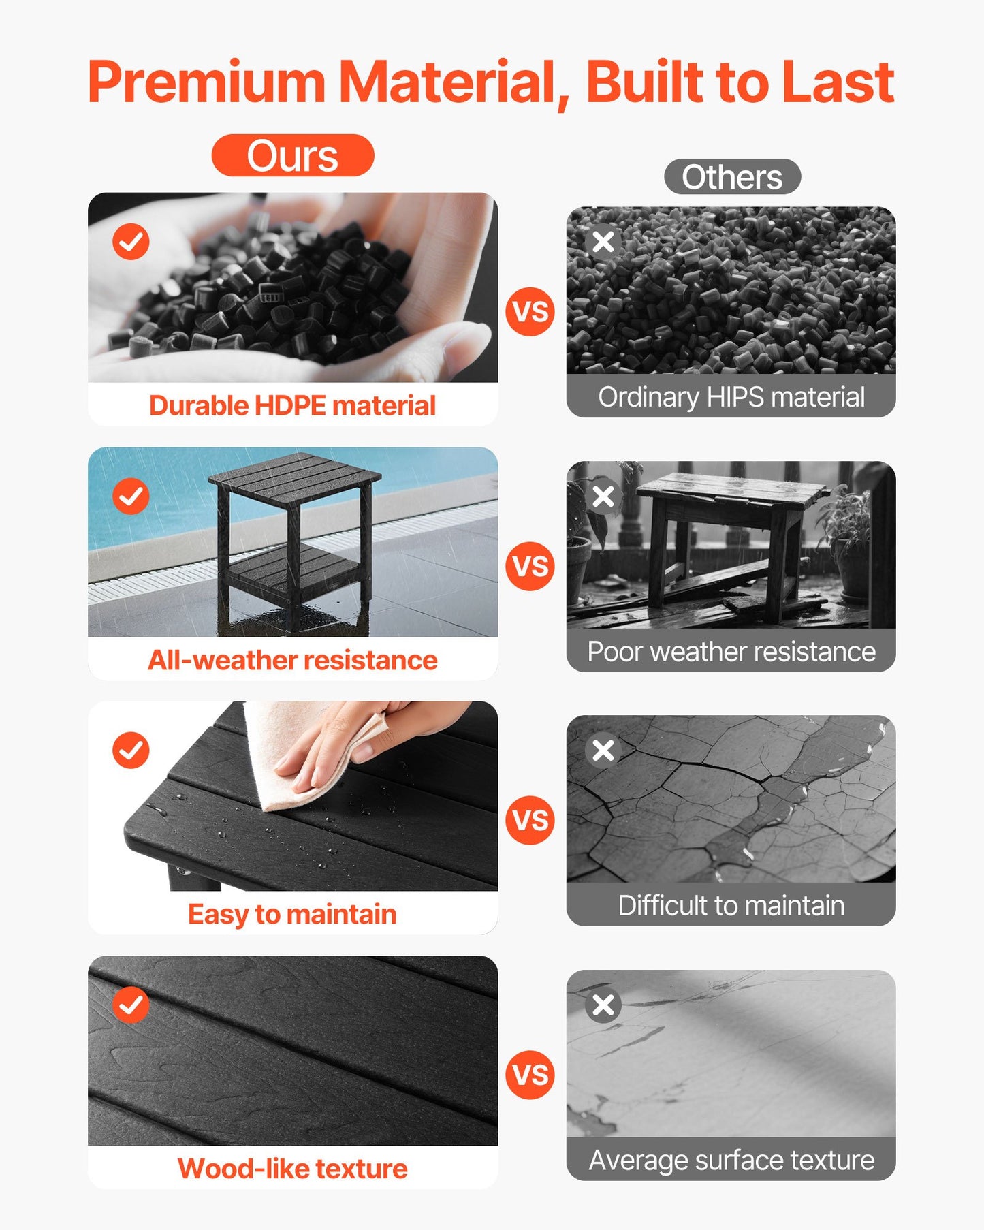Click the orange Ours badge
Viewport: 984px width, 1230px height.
(x=293, y=156)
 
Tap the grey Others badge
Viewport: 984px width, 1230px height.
(x=732, y=177)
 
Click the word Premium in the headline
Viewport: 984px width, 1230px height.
(x=206, y=82)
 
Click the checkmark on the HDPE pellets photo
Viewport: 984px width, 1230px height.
(x=131, y=242)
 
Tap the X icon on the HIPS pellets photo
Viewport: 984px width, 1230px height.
(x=603, y=242)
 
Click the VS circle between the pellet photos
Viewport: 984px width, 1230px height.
(x=530, y=312)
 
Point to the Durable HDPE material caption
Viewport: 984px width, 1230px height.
(x=293, y=406)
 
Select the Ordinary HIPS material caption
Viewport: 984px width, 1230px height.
(x=731, y=397)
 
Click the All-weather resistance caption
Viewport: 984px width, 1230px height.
(x=293, y=661)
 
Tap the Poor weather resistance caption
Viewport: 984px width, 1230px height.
(x=731, y=652)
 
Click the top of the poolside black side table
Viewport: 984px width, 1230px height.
(x=294, y=474)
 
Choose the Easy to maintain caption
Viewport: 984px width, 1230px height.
(x=293, y=915)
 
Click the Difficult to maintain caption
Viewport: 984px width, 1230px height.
(x=731, y=906)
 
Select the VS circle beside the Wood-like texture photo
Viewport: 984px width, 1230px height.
(x=530, y=1075)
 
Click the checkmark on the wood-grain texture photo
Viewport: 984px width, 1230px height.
(x=131, y=1005)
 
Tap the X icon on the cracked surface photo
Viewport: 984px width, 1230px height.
(x=603, y=751)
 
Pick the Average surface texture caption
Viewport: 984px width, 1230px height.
(x=731, y=1161)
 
